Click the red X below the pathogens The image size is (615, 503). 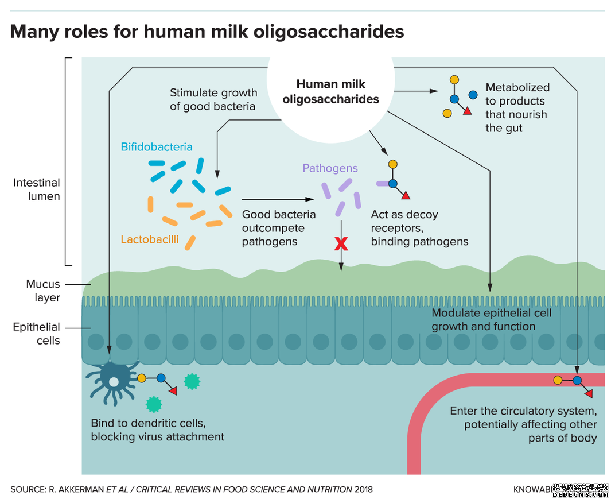point(341,244)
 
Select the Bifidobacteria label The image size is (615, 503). point(156,147)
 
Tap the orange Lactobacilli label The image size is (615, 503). point(150,239)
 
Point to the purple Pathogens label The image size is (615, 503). point(330,168)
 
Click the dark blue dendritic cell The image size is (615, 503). point(112,379)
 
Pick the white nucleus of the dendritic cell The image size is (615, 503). point(114,382)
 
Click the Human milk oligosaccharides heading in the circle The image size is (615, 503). point(330,92)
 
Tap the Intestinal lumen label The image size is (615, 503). point(37,189)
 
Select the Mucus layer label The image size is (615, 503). point(43,291)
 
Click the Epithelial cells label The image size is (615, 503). point(36,334)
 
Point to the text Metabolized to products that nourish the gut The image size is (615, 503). point(516,108)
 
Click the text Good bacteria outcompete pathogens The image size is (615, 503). point(278,228)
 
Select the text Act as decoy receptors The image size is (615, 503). point(404,221)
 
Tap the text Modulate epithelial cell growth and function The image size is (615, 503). point(491,320)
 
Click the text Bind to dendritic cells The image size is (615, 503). point(149,423)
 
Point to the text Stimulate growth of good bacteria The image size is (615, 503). point(213,99)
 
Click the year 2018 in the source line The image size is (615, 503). point(364,489)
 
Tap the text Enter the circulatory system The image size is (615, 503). point(523,411)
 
